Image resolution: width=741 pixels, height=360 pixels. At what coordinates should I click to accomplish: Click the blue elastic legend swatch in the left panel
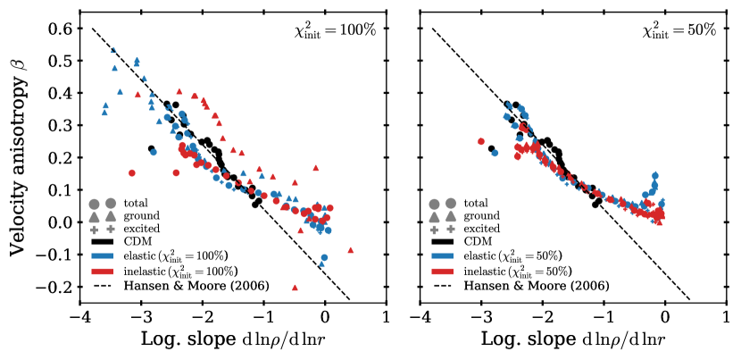coord(104,255)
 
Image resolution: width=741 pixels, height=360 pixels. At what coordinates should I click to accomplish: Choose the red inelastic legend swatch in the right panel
coord(444,271)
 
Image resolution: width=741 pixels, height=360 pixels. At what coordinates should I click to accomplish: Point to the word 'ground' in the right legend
coord(484,215)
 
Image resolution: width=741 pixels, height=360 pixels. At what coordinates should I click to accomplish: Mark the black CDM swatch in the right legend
coord(444,241)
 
